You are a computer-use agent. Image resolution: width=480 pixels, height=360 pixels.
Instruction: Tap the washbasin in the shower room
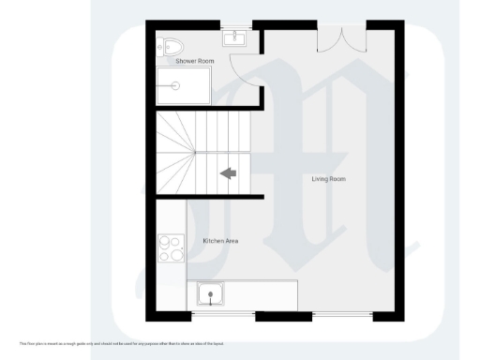click(234, 39)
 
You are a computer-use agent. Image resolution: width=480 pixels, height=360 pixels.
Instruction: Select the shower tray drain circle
click(174, 84)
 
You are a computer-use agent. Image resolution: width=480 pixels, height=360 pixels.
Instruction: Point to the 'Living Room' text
click(329, 178)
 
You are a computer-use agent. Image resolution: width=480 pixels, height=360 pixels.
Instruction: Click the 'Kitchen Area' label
click(220, 241)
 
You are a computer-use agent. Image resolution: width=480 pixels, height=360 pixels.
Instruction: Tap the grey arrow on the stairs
click(228, 172)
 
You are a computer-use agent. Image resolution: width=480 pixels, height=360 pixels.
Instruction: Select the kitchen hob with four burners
click(170, 248)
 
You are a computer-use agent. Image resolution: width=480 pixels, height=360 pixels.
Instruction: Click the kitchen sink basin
click(210, 294)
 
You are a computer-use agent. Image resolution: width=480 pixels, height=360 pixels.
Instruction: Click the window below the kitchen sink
click(210, 314)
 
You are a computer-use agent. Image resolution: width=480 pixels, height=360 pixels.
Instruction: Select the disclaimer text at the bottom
click(122, 343)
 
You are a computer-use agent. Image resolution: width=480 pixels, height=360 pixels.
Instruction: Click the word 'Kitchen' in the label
click(214, 241)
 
